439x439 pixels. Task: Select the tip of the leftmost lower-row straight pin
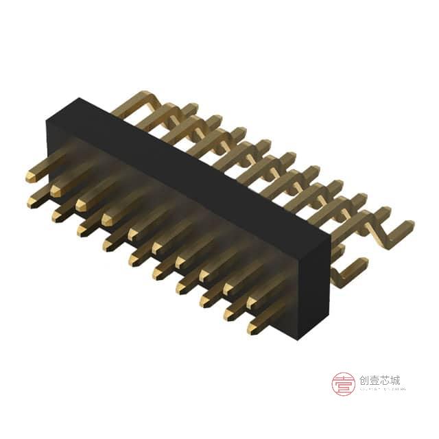pos(32,202)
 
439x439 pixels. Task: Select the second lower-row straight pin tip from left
pos(56,215)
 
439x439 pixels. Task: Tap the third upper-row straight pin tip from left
pos(80,204)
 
